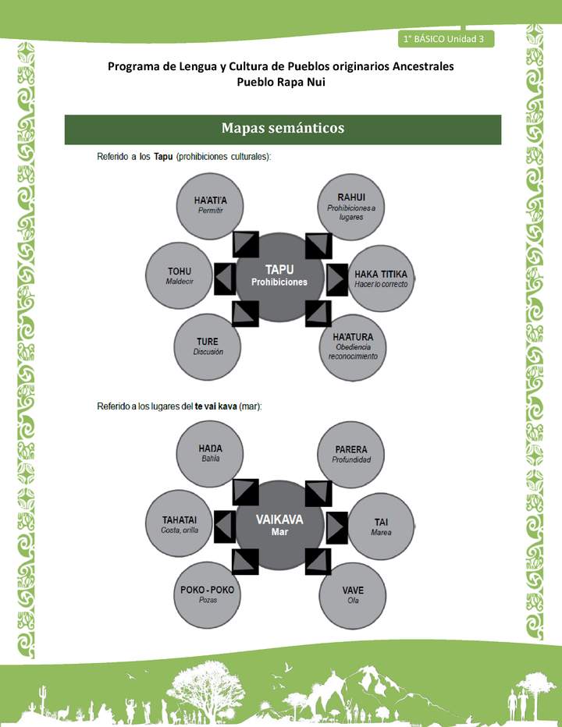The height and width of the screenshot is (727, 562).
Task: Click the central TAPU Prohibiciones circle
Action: coord(279,277)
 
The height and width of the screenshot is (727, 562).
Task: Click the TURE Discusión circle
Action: coord(207,346)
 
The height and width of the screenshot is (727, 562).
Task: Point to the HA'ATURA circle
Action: coord(352,346)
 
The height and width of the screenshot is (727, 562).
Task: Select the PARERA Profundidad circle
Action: coord(351,454)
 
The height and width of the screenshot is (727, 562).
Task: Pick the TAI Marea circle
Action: coord(381,526)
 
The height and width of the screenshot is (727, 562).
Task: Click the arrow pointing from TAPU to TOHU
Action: coord(225,278)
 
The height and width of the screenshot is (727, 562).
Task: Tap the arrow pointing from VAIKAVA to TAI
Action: coord(336,527)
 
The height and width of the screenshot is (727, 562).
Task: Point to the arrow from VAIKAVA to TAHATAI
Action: coord(225,527)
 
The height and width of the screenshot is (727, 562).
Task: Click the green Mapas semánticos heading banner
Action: coord(283,129)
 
